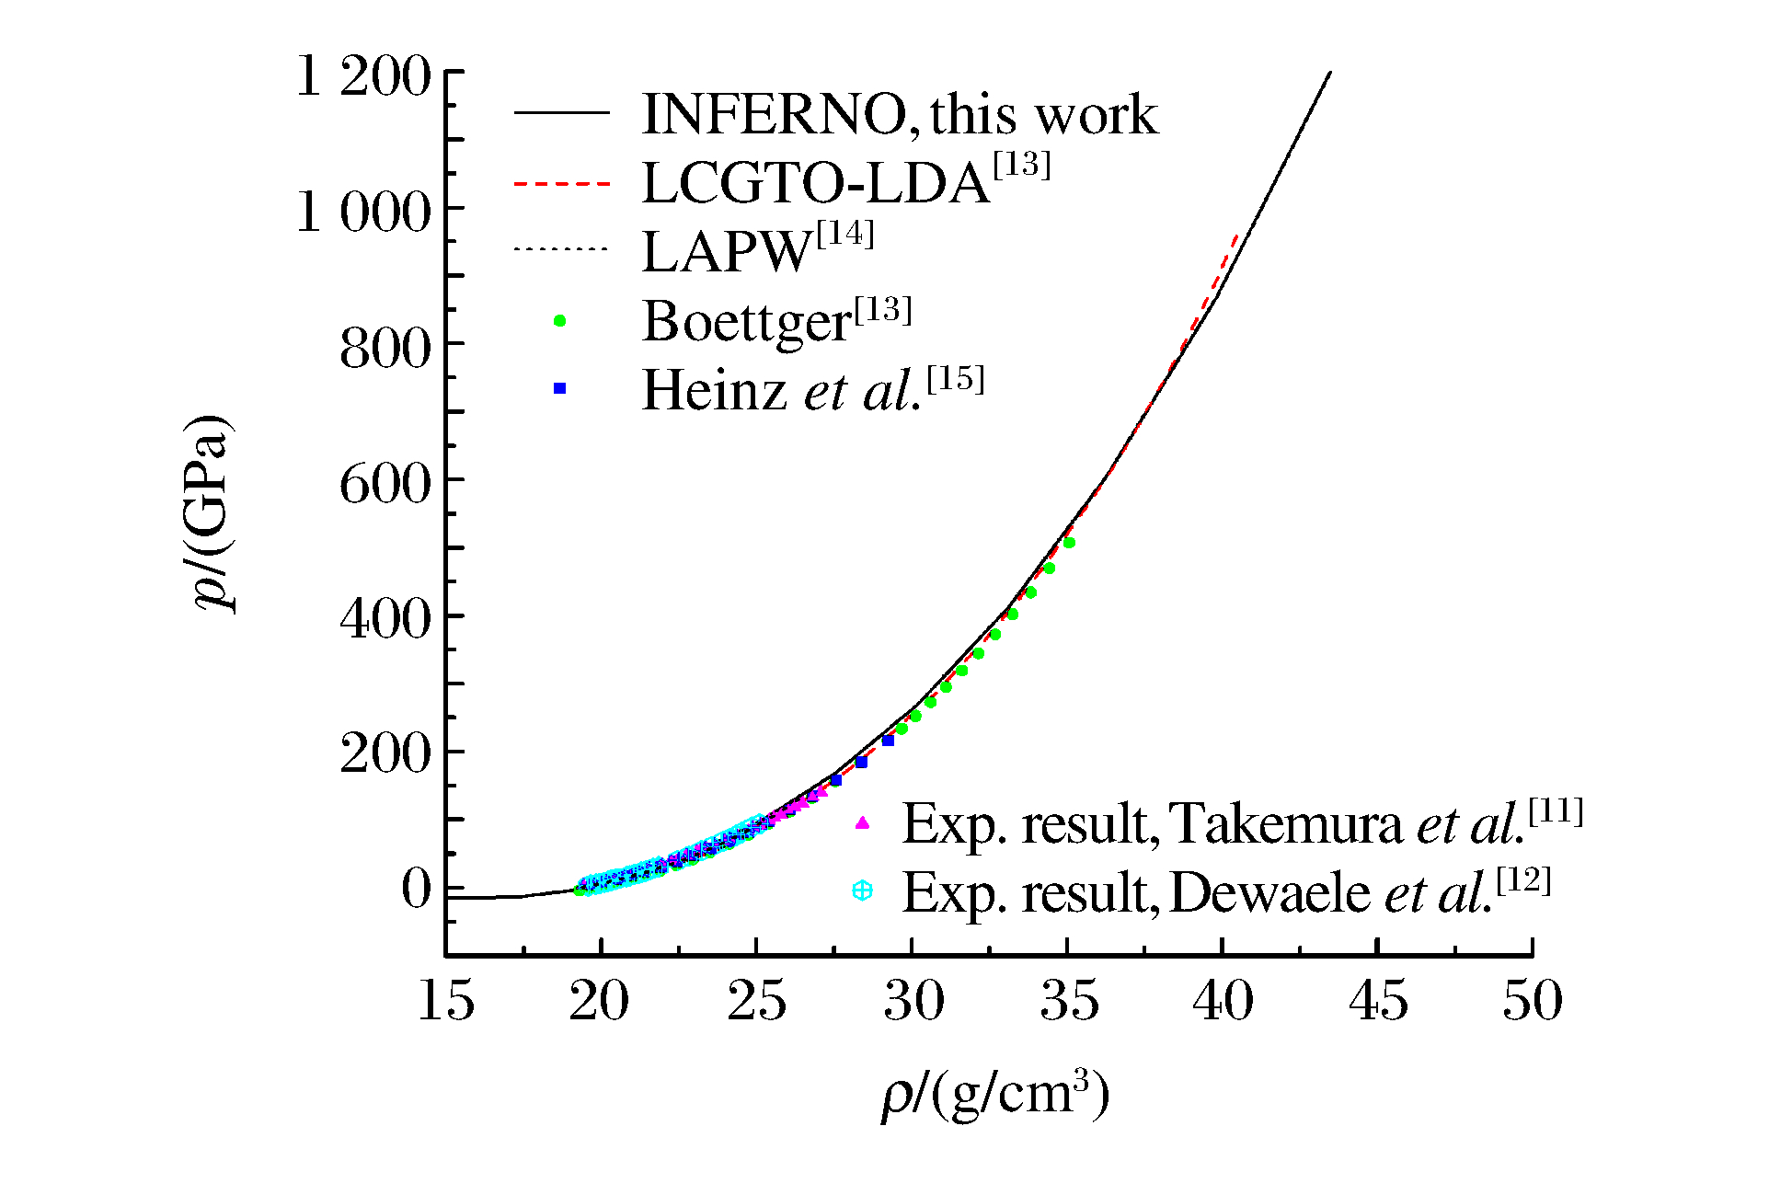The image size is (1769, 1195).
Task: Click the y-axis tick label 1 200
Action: point(363,75)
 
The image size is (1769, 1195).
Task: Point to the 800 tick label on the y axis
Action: point(385,349)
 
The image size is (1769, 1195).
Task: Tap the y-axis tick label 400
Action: point(385,618)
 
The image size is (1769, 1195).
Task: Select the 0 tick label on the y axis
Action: point(416,889)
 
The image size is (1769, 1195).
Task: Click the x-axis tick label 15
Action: point(446,1001)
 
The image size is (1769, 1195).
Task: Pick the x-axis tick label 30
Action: point(913,1001)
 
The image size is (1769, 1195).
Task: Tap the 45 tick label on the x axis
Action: point(1378,1001)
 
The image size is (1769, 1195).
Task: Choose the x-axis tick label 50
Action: point(1533,1001)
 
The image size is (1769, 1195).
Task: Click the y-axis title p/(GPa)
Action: point(211,512)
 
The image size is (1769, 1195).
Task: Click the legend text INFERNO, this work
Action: point(900,114)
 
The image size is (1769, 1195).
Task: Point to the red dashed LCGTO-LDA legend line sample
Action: point(561,184)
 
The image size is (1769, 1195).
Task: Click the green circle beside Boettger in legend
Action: point(559,321)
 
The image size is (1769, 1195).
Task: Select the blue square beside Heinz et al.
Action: point(559,389)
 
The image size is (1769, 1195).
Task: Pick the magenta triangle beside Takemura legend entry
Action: point(862,822)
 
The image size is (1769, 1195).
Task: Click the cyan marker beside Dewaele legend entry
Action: point(862,891)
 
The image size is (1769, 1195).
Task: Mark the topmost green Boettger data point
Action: point(1069,543)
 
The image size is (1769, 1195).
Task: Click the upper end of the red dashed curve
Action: point(1237,236)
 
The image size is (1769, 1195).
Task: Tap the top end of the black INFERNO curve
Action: point(1329,73)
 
